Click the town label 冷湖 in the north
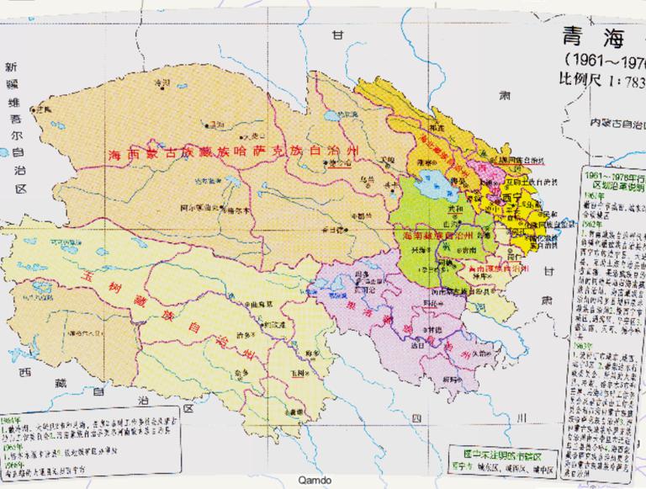[162, 82]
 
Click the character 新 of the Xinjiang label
[11, 66]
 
